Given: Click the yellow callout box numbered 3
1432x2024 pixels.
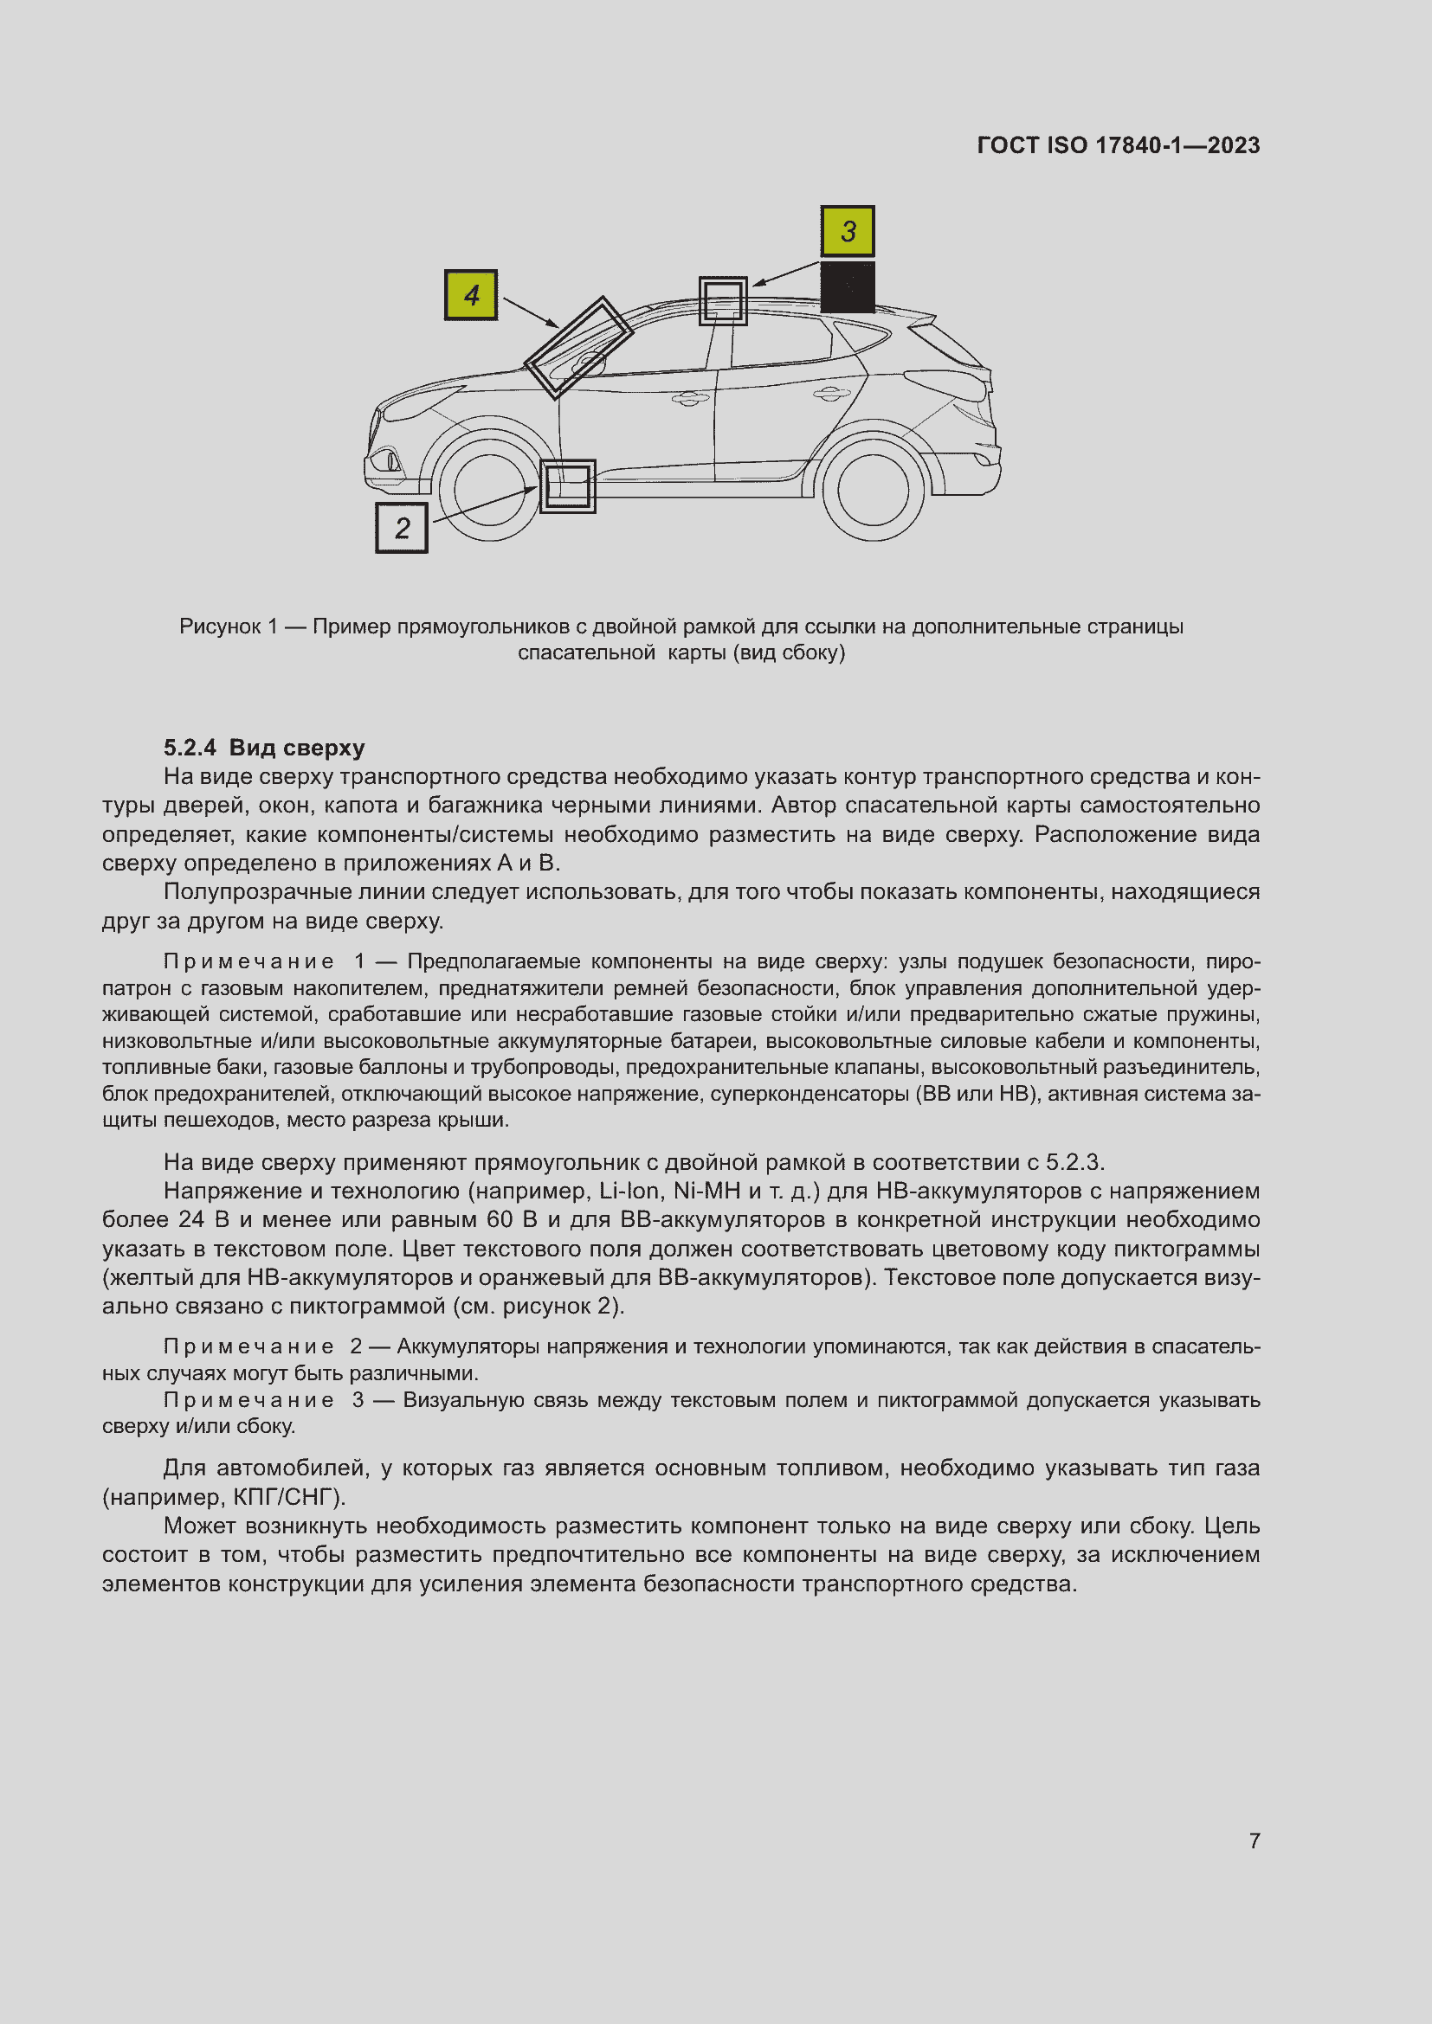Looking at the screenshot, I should tap(848, 231).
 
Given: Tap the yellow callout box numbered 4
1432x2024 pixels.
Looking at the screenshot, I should tap(471, 294).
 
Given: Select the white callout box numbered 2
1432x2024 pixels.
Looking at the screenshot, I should tap(402, 527).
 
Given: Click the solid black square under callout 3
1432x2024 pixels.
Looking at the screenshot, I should tap(848, 286).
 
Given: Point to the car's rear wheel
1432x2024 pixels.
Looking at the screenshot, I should tap(872, 491).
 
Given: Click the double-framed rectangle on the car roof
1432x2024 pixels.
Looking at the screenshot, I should tap(723, 300).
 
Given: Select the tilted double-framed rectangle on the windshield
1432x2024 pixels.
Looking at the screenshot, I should tap(579, 347).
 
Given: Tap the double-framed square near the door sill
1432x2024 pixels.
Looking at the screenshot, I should tap(567, 485).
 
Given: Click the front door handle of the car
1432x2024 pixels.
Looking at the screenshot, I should tap(690, 398).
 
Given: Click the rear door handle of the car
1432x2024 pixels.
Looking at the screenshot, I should tap(830, 393).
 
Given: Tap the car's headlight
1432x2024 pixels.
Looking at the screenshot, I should tap(415, 407).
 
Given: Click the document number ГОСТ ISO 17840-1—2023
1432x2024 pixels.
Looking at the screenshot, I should tap(1118, 145).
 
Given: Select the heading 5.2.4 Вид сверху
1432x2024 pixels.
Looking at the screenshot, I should tap(264, 748).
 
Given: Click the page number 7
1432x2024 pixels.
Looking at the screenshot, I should tap(1254, 1841).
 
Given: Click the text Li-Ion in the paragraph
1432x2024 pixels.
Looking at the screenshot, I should tap(629, 1192).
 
